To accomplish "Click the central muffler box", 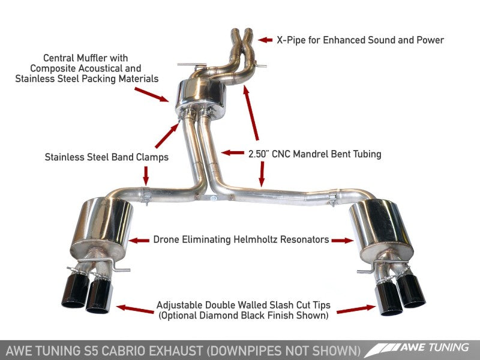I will pos(199,98).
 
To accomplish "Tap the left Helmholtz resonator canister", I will pos(101,229).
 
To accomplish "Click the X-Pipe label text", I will pos(360,40).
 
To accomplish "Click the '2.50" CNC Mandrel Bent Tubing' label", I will pos(314,154).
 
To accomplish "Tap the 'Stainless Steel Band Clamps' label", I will pos(107,157).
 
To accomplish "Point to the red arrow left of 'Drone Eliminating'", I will pos(140,240).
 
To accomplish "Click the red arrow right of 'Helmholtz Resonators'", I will pos(343,240).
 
